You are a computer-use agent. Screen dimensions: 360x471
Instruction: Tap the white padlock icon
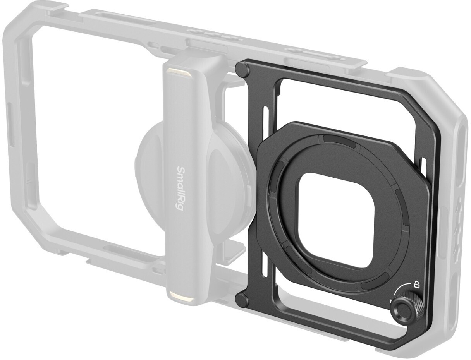[416, 285]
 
